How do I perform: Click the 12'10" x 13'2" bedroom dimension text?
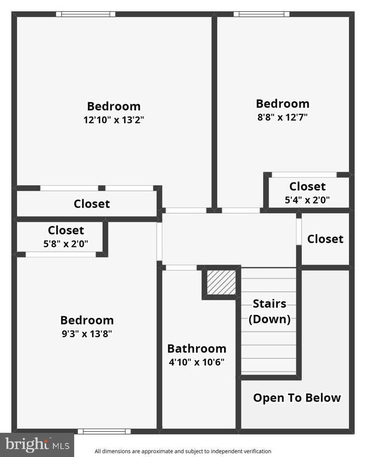pos(114,120)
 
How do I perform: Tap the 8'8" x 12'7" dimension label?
pos(282,117)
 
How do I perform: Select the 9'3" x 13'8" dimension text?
pos(87,333)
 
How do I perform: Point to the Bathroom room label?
pos(197,349)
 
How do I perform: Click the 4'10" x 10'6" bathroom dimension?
pos(197,362)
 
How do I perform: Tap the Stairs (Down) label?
pos(269,311)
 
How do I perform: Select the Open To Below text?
pos(297,398)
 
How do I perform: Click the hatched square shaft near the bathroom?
pos(221,282)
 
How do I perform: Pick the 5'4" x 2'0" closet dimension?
pos(307,200)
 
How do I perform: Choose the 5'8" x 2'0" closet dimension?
pos(66,244)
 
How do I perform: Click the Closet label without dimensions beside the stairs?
pos(325,239)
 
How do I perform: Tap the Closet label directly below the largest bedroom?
pos(91,204)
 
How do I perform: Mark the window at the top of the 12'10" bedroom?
pos(86,14)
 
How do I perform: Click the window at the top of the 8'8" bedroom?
pos(261,14)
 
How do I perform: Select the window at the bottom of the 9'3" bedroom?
pos(104,431)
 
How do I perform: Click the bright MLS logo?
pos(37,445)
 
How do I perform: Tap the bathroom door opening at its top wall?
pos(181,267)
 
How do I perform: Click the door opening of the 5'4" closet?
pos(304,175)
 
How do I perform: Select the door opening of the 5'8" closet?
pos(61,254)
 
